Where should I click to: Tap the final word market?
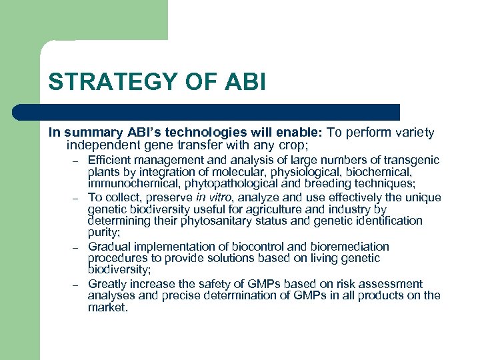[x=107, y=308]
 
